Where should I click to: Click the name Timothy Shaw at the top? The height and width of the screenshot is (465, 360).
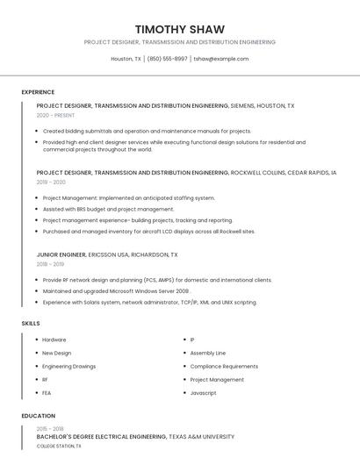180,29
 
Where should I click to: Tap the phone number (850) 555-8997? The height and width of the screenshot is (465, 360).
167,59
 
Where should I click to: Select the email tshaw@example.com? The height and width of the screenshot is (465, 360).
221,59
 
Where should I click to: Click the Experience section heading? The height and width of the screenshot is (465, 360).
38,92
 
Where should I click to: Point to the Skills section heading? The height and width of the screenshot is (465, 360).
31,324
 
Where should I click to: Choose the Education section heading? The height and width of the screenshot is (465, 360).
38,416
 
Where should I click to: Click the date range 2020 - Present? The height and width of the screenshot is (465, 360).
56,115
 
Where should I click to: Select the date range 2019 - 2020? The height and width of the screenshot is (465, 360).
51,182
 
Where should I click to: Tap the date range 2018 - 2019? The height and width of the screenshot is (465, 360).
50,264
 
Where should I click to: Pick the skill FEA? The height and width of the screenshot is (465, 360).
47,393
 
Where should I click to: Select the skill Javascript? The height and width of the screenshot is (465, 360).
203,393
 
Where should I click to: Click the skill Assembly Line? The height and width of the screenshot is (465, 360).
208,353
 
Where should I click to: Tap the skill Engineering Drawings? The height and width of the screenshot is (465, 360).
69,366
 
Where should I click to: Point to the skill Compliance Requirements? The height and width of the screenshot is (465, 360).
224,366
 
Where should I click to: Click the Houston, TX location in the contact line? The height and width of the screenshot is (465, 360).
126,59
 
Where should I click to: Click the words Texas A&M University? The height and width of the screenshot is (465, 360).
202,436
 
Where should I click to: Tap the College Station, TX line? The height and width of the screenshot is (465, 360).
59,446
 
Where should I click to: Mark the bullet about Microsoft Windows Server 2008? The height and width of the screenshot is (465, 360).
116,290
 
